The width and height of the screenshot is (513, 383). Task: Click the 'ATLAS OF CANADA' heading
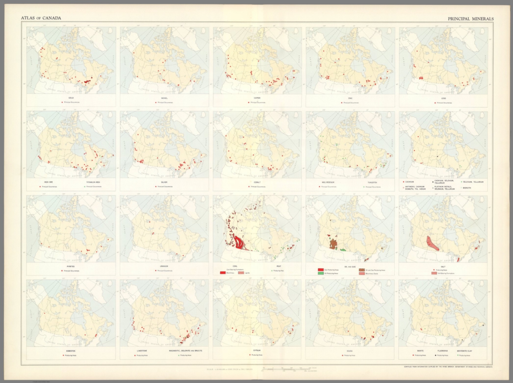pos(41,18)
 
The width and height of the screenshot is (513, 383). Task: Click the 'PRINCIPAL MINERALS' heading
pos(470,19)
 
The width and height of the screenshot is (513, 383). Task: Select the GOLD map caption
pos(71,98)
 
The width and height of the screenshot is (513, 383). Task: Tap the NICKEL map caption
pos(164,98)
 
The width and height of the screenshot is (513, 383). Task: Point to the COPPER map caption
pos(257,98)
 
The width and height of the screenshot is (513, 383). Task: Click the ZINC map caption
pos(350,98)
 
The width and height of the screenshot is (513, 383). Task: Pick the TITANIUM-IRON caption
pos(93,182)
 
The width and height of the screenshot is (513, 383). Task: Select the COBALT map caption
pos(257,182)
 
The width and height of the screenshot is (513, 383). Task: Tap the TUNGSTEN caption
pos(372,182)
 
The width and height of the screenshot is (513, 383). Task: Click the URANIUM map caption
pos(164,266)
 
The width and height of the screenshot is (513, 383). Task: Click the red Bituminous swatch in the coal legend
pos(223,273)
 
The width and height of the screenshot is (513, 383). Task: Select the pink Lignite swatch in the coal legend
pos(241,273)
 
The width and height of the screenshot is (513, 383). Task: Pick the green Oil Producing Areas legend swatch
pos(321,273)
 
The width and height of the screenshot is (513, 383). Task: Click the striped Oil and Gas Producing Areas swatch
pos(362,270)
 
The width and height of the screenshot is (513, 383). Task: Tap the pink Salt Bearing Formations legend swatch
pos(434,273)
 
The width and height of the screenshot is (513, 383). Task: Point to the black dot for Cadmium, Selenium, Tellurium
pos(433,182)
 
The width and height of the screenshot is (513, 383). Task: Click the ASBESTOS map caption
pos(71,351)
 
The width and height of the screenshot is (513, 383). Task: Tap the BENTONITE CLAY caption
pos(465,351)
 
